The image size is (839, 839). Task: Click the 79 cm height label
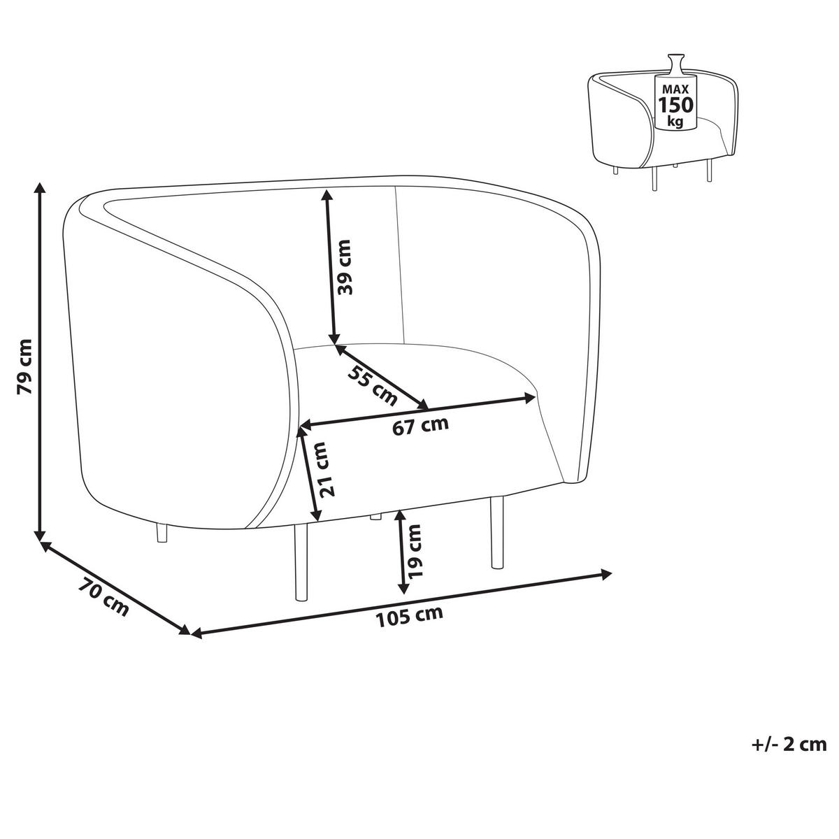[24, 366]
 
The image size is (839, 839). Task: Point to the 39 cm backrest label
[343, 266]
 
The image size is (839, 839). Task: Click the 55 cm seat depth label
[372, 385]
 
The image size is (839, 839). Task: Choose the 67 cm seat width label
[420, 425]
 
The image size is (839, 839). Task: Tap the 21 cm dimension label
[327, 470]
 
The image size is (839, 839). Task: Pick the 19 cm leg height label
[414, 551]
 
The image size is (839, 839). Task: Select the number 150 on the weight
[675, 106]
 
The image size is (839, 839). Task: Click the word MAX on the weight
[675, 89]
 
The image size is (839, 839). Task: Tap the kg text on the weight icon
[675, 122]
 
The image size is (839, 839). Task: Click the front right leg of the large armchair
[497, 533]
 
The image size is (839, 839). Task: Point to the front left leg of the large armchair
[301, 562]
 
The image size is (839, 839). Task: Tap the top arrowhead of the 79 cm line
[40, 188]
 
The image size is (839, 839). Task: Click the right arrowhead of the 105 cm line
[606, 574]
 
